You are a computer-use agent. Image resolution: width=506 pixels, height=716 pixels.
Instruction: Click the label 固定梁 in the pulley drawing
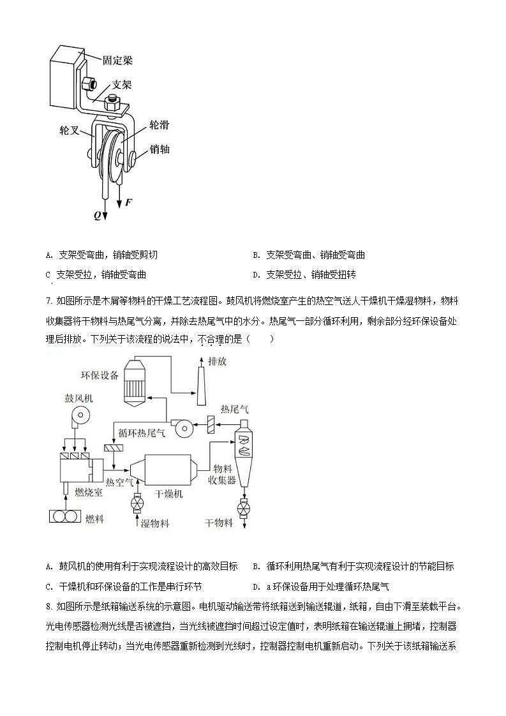click(118, 61)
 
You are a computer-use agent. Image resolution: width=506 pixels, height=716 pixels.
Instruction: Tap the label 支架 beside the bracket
click(123, 84)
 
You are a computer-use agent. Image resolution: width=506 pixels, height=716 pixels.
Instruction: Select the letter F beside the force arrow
click(128, 202)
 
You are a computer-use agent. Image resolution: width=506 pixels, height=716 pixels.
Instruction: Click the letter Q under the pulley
click(98, 215)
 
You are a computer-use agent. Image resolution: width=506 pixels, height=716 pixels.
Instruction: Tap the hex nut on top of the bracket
click(114, 98)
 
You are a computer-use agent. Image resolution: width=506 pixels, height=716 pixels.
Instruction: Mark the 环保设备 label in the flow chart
click(100, 375)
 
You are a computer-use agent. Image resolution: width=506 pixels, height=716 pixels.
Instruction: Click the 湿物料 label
click(154, 523)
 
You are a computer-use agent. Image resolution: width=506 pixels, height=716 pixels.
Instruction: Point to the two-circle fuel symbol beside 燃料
click(66, 516)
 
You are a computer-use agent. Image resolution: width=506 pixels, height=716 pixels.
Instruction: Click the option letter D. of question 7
click(257, 586)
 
